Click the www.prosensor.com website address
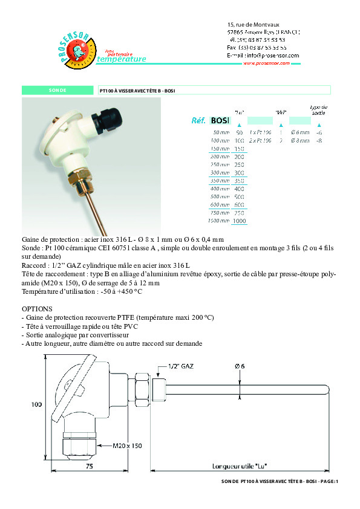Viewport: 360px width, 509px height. (268, 63)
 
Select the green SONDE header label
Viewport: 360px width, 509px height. (58, 91)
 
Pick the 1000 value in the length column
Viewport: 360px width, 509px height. (239, 222)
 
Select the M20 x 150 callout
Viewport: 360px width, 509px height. (127, 446)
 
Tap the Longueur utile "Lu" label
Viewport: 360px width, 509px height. (240, 466)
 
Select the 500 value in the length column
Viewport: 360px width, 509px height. (239, 197)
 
